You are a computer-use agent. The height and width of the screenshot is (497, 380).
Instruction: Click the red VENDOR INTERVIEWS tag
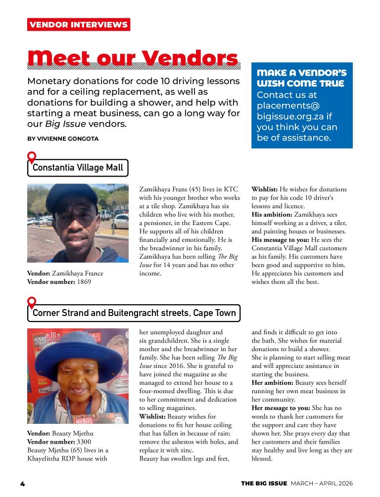79,25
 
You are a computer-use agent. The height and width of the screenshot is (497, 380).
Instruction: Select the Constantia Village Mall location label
78,168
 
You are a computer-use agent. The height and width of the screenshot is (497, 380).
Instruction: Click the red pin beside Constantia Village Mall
32,157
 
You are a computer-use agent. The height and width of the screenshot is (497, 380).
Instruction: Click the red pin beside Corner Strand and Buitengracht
32,302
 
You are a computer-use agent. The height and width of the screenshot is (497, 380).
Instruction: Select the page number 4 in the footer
22,483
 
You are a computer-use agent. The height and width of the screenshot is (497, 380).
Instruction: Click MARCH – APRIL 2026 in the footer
322,483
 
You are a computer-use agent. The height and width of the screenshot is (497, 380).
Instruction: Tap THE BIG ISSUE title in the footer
264,483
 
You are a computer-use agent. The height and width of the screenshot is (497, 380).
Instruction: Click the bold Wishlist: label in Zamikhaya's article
265,189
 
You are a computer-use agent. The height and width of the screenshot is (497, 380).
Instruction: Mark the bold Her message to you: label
281,408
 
